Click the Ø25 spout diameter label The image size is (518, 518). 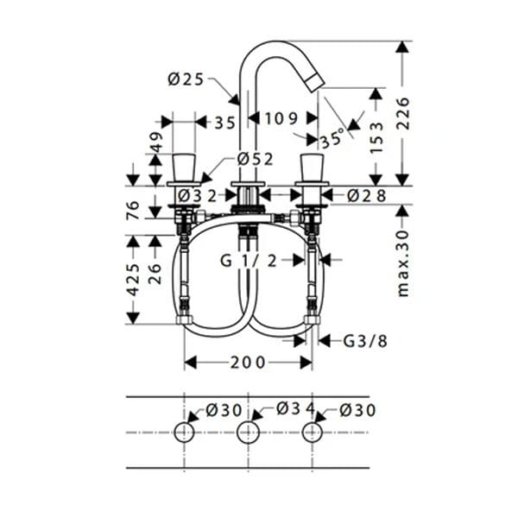pos(186,79)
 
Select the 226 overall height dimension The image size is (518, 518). pos(402,113)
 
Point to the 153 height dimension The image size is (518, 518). pos(376,137)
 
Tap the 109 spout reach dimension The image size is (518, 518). pos(281,118)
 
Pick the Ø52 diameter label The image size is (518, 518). pos(256,160)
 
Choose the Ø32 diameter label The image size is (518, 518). pos(198,196)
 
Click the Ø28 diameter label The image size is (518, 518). pos(366,196)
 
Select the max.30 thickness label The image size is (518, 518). pos(403,263)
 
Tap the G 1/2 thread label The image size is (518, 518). pos(249,261)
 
